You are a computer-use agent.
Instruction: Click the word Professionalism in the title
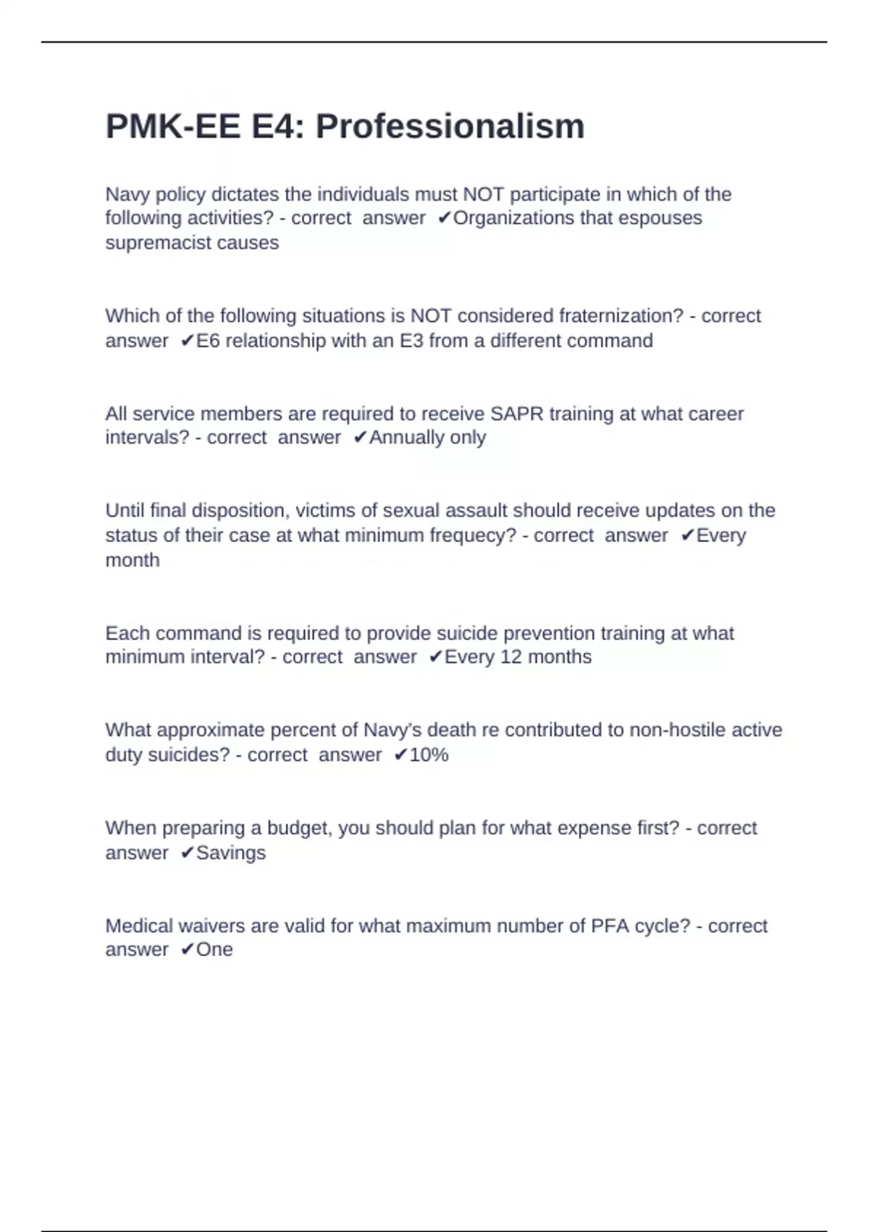click(450, 127)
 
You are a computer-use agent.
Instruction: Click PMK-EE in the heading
click(172, 127)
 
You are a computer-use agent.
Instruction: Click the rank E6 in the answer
click(209, 341)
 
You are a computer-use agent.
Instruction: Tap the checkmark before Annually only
click(360, 438)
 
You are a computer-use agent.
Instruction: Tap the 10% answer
click(429, 755)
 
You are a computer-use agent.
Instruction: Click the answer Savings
click(231, 853)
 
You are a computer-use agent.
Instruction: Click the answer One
click(214, 950)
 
